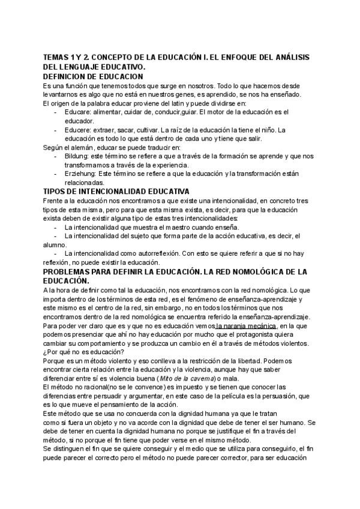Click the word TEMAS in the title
click(55, 56)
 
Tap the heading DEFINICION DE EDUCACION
click(93, 76)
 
